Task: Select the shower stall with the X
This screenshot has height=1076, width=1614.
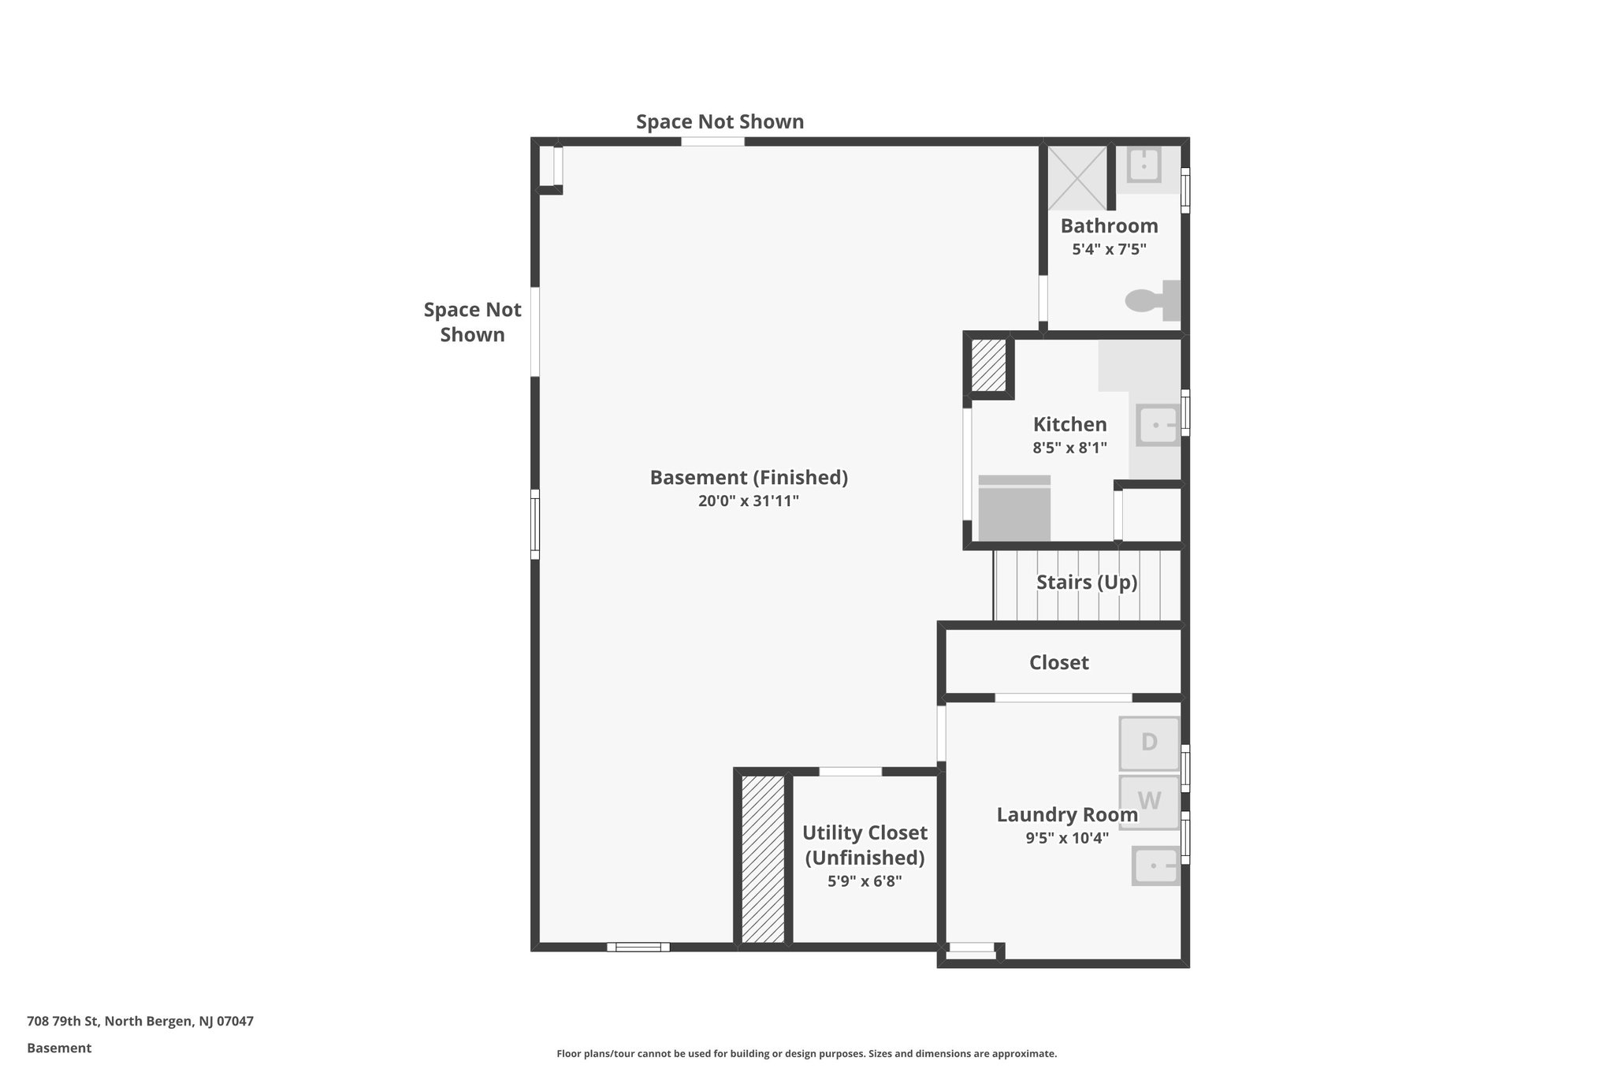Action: coord(1077,177)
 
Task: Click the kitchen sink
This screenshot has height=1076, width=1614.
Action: coord(1158,426)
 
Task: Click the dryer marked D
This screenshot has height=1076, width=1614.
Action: coord(1149,743)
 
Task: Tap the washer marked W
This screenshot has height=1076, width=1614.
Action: coord(1149,802)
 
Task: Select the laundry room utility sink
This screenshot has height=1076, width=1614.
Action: coord(1155,866)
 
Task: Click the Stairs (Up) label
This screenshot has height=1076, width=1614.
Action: coord(1087,583)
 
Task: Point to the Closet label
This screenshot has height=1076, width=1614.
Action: coord(1058,663)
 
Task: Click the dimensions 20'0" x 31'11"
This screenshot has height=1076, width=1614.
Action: coord(748,501)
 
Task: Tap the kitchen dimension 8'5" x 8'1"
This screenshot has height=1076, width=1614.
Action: coord(1069,448)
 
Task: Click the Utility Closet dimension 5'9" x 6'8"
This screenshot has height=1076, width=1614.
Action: coord(864,881)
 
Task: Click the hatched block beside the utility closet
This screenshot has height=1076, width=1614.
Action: coord(763,859)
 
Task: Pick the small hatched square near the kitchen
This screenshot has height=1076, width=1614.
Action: coord(988,365)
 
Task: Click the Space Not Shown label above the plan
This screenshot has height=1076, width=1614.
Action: coord(720,122)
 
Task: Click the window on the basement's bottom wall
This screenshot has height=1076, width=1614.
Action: coord(638,947)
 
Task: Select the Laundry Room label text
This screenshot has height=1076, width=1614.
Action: coord(1066,815)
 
